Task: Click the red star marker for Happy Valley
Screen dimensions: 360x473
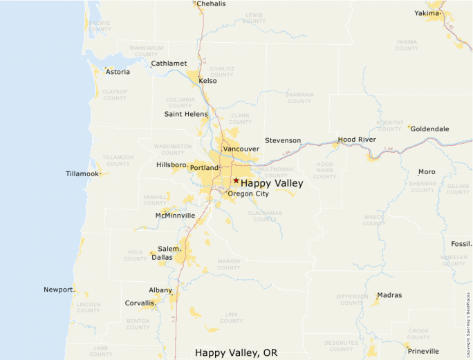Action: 236,180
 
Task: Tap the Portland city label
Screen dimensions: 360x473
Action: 204,168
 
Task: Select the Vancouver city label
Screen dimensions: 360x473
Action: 241,149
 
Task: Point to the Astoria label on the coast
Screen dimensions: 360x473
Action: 118,71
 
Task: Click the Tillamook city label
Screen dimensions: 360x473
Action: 82,173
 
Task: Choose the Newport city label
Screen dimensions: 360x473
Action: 58,290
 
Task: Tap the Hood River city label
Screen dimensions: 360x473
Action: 357,140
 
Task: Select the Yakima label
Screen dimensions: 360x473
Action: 427,13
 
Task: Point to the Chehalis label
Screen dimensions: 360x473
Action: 211,4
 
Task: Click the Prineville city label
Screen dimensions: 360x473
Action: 423,351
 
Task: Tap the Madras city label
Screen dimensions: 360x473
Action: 389,295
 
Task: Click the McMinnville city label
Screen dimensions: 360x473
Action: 175,216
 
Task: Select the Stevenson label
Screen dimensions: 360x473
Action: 283,140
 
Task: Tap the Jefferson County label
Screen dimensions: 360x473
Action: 351,299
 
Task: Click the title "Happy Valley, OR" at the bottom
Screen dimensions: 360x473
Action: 236,352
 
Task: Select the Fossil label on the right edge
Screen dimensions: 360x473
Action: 461,244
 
